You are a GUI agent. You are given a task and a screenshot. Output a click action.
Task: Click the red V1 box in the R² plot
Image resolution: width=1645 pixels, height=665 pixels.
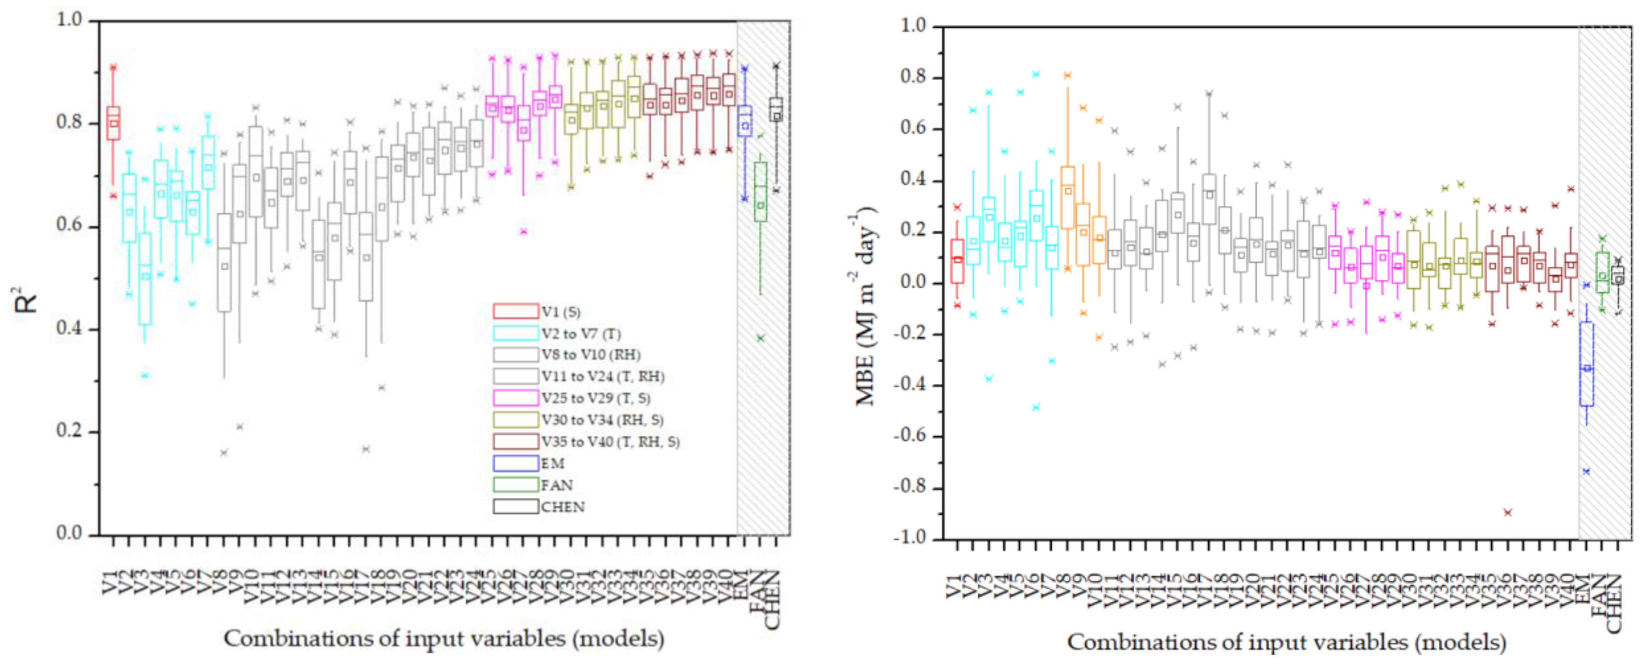point(113,123)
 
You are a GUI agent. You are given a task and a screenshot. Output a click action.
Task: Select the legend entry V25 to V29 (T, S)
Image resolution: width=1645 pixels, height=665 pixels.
point(596,398)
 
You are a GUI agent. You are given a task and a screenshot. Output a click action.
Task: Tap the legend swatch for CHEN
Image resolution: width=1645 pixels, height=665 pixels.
point(515,507)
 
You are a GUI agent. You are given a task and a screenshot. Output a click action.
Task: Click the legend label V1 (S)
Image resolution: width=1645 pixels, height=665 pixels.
point(561,312)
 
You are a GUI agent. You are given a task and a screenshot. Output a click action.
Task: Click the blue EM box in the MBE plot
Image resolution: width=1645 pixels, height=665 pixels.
point(1586,364)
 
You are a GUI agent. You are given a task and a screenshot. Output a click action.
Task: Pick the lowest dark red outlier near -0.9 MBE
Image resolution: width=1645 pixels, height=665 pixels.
point(1508,512)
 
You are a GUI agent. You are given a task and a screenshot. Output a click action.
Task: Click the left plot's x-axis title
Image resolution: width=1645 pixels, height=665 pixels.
point(444,638)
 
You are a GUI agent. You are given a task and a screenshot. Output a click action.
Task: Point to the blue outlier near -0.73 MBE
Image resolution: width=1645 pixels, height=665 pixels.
point(1586,472)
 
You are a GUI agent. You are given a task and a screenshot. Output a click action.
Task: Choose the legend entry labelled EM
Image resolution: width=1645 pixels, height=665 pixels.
point(553,463)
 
